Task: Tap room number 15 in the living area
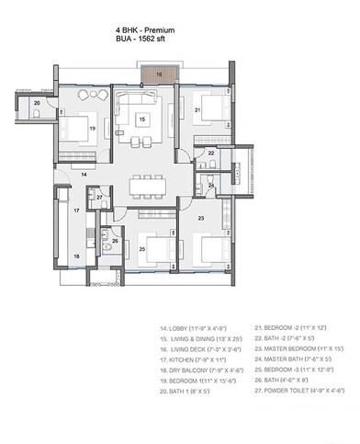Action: click(141, 119)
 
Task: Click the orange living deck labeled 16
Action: click(158, 75)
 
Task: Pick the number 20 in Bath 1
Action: click(36, 104)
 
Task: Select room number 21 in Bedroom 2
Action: click(197, 110)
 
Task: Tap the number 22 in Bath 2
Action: click(210, 154)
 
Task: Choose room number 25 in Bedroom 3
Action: click(142, 248)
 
